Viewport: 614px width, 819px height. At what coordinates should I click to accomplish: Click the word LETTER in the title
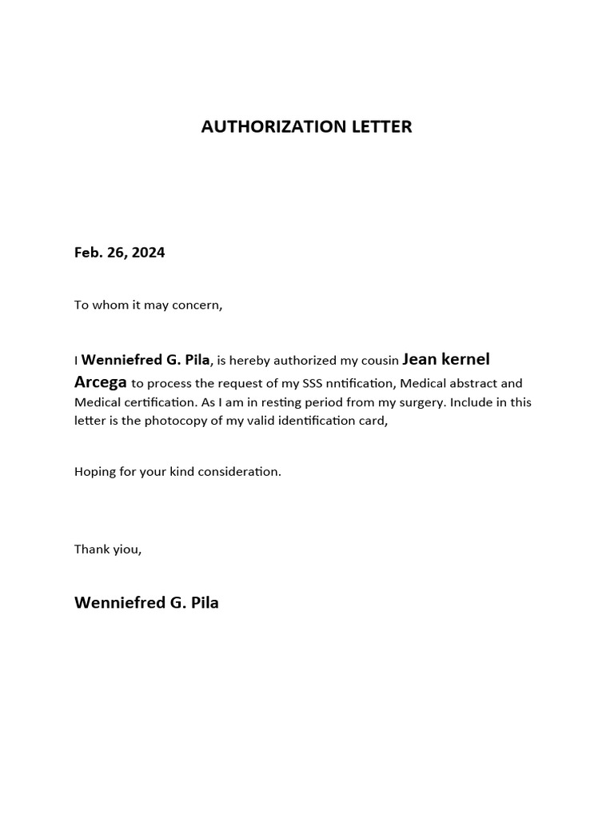(381, 126)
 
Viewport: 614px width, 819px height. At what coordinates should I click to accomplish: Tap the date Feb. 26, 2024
(120, 253)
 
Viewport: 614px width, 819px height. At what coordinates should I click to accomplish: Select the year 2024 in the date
(149, 253)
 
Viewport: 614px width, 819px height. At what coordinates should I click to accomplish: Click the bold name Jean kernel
(446, 359)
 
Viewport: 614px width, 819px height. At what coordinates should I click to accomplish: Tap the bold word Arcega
(101, 382)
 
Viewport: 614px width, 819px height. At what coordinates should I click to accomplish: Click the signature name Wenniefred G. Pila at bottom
(146, 603)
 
